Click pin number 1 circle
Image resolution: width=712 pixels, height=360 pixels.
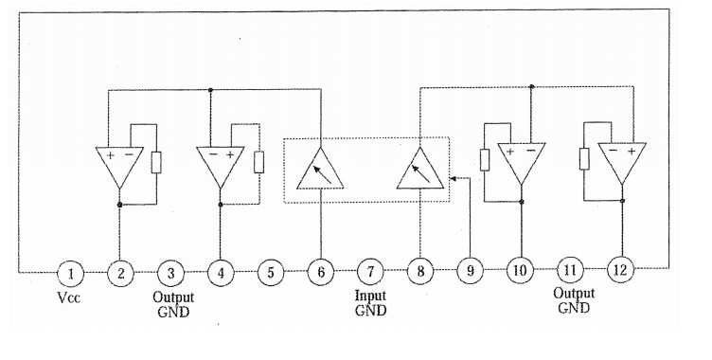(x=71, y=273)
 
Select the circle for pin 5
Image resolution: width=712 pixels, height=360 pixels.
(x=271, y=273)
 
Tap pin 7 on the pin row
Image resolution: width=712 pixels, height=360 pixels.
(x=370, y=272)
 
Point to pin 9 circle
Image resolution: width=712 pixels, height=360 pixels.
(x=470, y=271)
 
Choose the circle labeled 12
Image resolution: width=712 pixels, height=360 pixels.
(x=620, y=270)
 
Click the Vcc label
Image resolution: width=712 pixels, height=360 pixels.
(x=68, y=297)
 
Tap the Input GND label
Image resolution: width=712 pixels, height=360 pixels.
(x=370, y=303)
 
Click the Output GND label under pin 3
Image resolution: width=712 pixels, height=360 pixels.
(x=173, y=304)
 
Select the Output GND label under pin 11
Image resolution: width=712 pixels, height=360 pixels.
(x=574, y=300)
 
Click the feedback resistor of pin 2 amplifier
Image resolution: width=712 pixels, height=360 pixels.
(x=156, y=163)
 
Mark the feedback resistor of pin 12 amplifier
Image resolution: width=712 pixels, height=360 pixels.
(x=584, y=159)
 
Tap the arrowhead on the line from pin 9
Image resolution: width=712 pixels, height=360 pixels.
(x=453, y=179)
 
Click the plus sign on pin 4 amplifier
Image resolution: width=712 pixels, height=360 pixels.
(x=230, y=155)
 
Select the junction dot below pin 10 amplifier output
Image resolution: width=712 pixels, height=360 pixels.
(x=522, y=202)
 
